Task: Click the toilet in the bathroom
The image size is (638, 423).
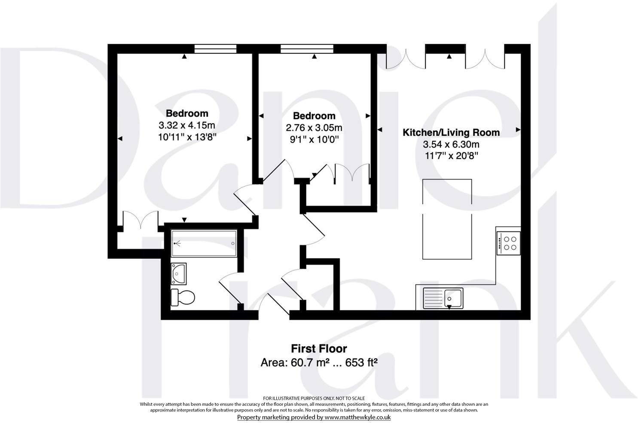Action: pyautogui.click(x=183, y=297)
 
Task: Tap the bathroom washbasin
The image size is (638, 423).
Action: pyautogui.click(x=178, y=273)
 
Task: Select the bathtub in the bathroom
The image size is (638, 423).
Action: pyautogui.click(x=204, y=243)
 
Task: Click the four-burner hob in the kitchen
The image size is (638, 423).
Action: pyautogui.click(x=509, y=243)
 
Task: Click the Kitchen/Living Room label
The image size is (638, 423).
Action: pyautogui.click(x=451, y=132)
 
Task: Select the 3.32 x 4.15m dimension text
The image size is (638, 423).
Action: pyautogui.click(x=186, y=126)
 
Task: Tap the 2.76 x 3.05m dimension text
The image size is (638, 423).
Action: pyautogui.click(x=314, y=128)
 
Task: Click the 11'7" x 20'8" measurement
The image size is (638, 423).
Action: pyautogui.click(x=451, y=156)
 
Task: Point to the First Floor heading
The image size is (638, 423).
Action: pyautogui.click(x=319, y=348)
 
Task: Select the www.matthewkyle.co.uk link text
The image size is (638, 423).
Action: pyautogui.click(x=357, y=417)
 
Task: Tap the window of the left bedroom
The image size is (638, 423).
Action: pyautogui.click(x=215, y=49)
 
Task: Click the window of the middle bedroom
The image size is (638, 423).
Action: pyautogui.click(x=307, y=49)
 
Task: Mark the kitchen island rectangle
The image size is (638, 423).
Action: pyautogui.click(x=447, y=219)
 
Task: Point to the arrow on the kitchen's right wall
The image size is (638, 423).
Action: pyautogui.click(x=518, y=129)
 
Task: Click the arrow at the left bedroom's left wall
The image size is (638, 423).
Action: pyautogui.click(x=120, y=138)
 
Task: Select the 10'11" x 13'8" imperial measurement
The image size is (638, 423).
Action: pyautogui.click(x=186, y=138)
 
